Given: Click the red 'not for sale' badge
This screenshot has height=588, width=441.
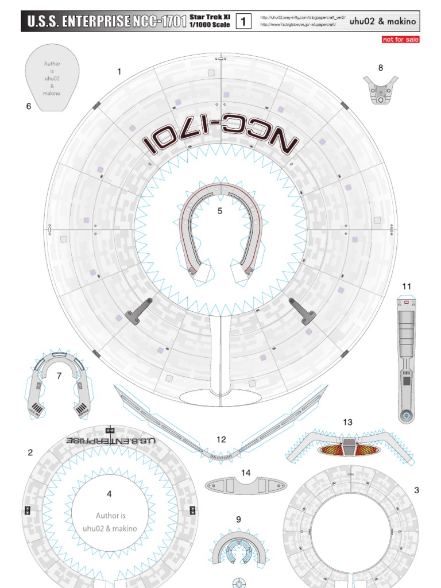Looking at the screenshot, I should pyautogui.click(x=401, y=40).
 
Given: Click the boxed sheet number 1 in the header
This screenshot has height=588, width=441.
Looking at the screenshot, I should pyautogui.click(x=244, y=22).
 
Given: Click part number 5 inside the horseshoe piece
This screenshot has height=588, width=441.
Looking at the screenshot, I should pyautogui.click(x=219, y=211).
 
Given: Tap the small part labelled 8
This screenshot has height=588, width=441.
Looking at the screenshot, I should pyautogui.click(x=380, y=90).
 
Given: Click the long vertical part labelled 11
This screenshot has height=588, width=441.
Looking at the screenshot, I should pyautogui.click(x=406, y=356).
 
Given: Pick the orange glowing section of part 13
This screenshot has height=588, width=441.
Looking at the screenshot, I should pyautogui.click(x=349, y=448).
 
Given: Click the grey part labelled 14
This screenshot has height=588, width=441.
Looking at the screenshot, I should pyautogui.click(x=246, y=486).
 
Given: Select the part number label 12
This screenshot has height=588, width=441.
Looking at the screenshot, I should pyautogui.click(x=221, y=439).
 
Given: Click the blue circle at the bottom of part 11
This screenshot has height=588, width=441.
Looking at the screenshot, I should pyautogui.click(x=406, y=415).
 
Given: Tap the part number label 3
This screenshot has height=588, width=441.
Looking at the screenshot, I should pyautogui.click(x=416, y=490).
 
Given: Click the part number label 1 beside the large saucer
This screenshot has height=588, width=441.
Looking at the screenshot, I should pyautogui.click(x=119, y=72).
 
